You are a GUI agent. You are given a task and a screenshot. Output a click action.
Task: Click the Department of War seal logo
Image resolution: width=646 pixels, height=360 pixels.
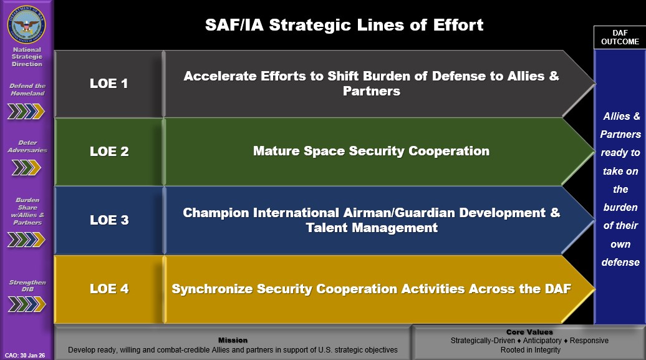(26, 24)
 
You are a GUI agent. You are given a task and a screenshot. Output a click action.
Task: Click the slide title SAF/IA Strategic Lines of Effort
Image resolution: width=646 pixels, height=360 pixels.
(344, 25)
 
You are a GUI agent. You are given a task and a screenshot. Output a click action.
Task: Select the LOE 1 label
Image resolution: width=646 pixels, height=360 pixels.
(108, 84)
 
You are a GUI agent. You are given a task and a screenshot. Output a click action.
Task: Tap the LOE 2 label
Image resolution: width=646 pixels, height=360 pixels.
(109, 152)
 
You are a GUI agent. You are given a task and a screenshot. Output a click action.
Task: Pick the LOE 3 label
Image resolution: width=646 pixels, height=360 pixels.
(109, 220)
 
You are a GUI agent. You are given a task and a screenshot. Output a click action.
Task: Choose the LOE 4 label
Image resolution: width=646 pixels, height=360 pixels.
(109, 289)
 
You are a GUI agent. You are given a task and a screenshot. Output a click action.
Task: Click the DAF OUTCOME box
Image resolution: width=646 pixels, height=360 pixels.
(620, 37)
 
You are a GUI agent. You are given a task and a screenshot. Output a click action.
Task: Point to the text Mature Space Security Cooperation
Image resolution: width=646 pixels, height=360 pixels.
(371, 151)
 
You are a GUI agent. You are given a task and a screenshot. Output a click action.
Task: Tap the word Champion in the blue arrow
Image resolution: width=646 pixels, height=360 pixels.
(216, 213)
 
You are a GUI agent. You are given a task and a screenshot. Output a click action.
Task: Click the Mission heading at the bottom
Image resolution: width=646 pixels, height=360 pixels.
(233, 340)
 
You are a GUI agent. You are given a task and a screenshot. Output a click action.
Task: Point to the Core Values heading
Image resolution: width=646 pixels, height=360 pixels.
(529, 332)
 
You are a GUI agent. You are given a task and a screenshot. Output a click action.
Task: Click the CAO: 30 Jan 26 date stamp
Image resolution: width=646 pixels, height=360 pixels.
(25, 356)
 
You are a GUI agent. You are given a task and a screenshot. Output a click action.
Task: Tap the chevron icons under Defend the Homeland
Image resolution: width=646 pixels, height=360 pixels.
(26, 111)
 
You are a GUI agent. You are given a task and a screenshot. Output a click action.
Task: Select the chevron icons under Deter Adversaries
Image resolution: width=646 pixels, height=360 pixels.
(26, 167)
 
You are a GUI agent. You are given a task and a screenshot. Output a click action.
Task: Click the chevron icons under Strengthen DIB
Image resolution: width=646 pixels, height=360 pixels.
(27, 304)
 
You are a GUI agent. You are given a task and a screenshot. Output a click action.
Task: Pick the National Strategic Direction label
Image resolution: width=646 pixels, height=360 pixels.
(27, 57)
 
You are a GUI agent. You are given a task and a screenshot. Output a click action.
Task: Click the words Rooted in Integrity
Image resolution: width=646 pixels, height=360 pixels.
(530, 349)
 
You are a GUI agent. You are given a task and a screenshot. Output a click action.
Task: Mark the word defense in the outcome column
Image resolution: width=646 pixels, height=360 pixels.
(620, 262)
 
